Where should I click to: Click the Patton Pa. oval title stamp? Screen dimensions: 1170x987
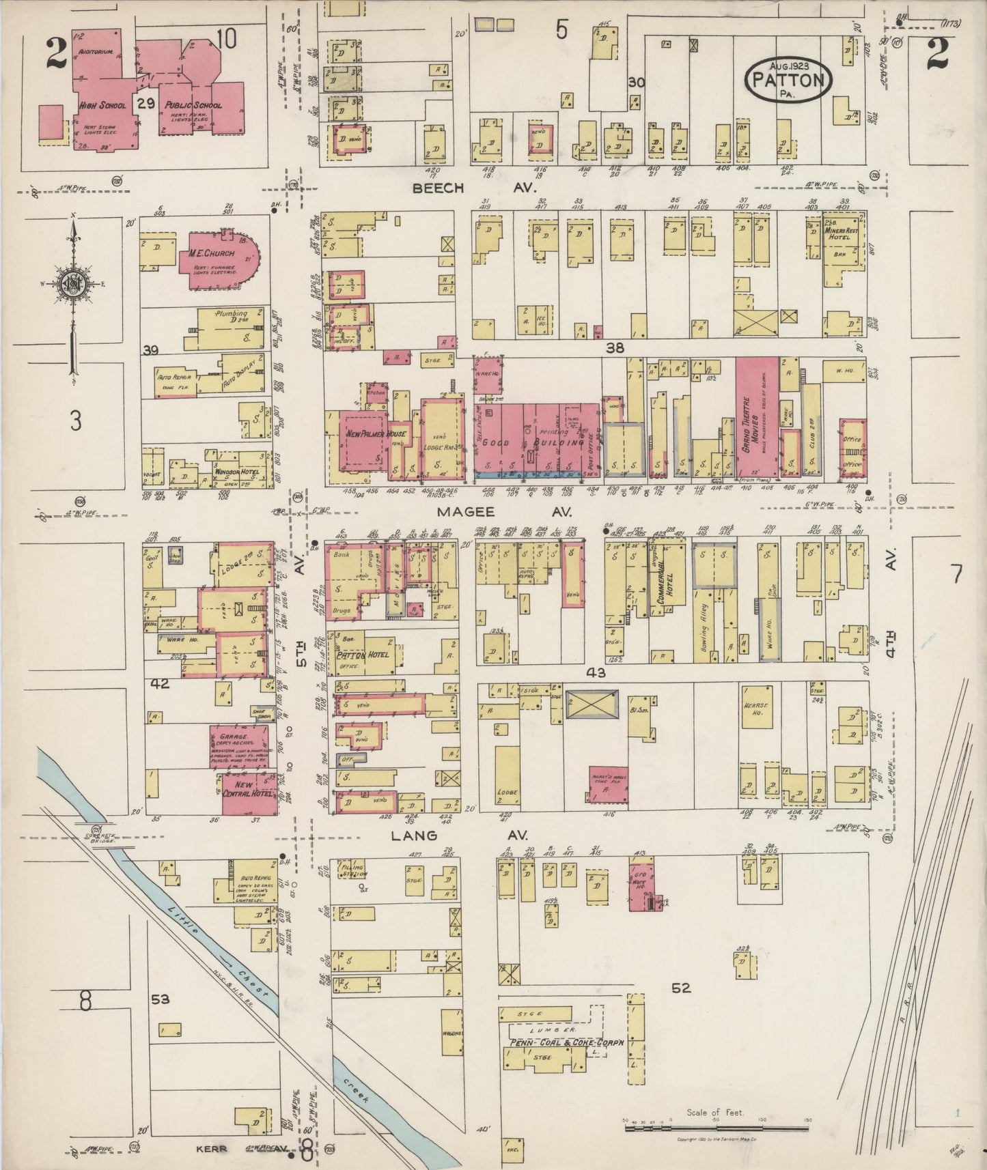[790, 80]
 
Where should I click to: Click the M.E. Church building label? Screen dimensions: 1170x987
[212, 253]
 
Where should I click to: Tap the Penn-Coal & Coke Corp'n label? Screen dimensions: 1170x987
[557, 1044]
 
